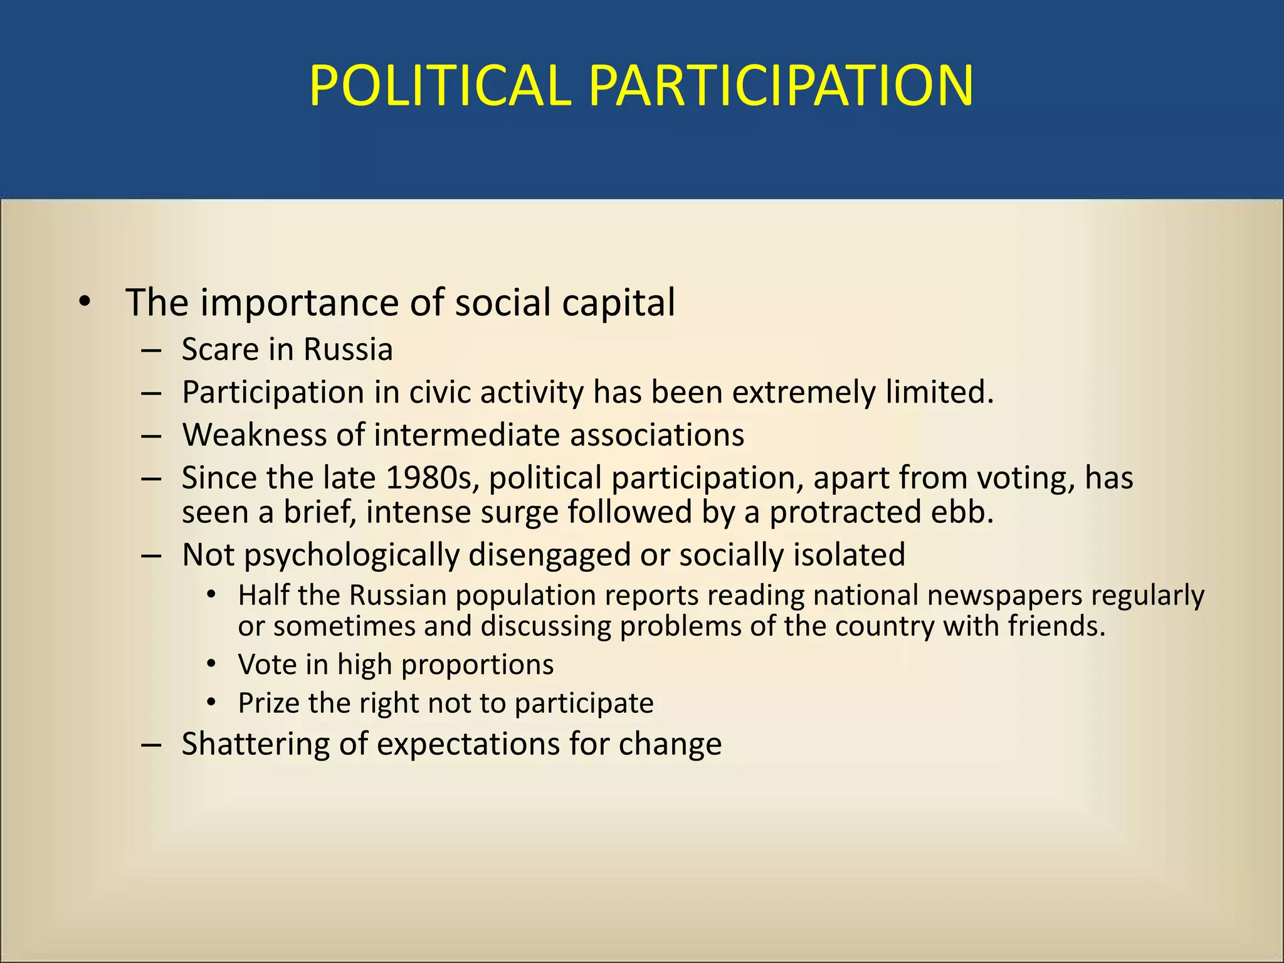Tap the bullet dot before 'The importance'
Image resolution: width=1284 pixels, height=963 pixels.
click(85, 303)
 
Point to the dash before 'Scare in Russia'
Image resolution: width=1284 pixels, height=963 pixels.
click(152, 350)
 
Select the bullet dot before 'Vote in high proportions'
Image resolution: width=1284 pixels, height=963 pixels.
click(212, 663)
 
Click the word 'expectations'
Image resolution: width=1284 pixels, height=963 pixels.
click(468, 745)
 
